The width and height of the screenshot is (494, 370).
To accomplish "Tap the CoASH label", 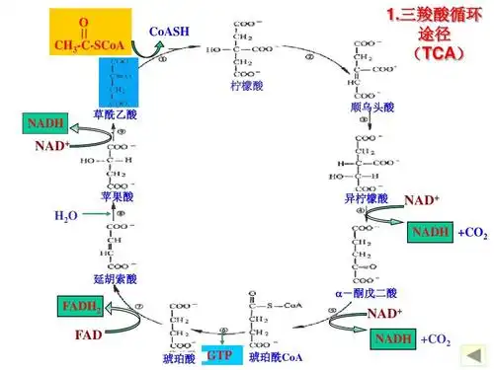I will (x=168, y=33).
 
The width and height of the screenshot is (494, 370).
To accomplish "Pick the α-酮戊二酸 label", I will (x=366, y=293).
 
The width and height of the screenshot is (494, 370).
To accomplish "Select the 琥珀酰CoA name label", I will (x=277, y=355).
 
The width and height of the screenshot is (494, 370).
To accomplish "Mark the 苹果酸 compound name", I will (x=116, y=197).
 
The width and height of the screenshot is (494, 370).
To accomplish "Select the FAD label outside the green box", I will (x=89, y=335).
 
